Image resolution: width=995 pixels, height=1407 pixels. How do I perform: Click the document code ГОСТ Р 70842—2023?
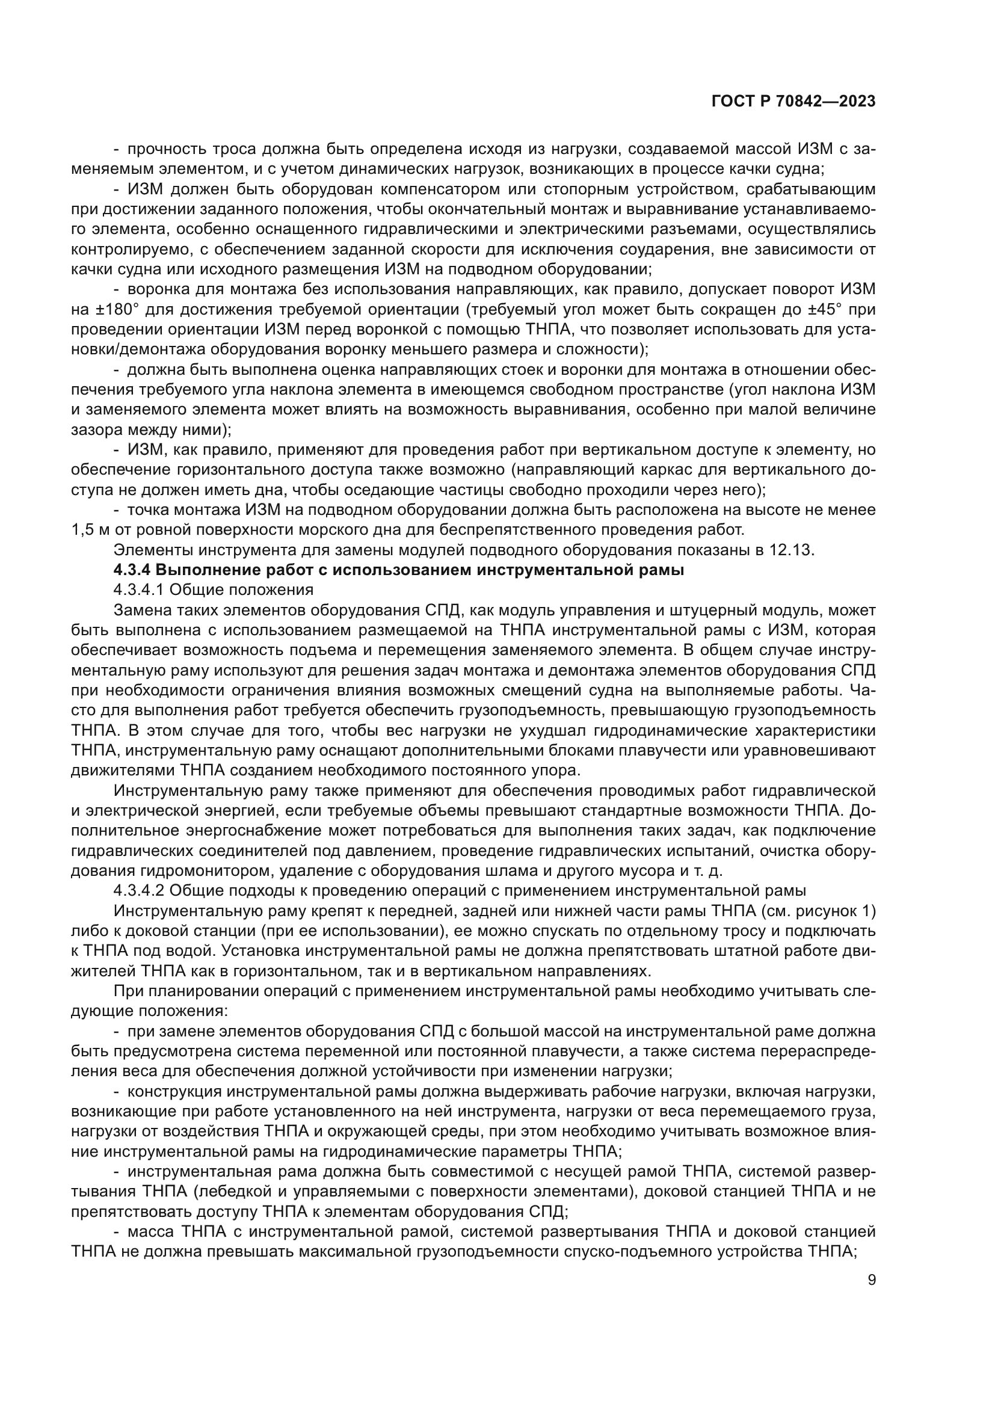[x=793, y=102]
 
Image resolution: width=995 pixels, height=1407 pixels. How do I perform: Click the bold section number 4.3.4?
[x=132, y=570]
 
